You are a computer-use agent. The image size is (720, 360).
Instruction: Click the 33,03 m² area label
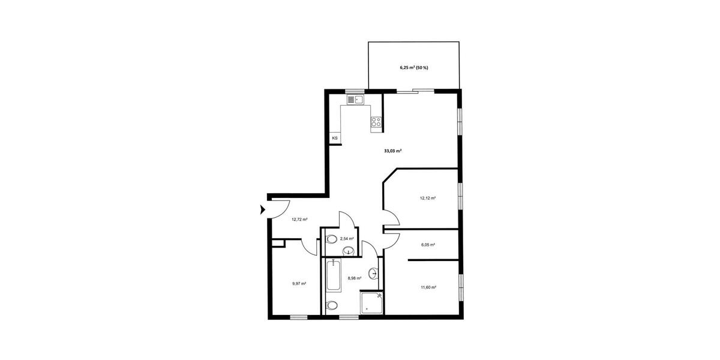pos(392,151)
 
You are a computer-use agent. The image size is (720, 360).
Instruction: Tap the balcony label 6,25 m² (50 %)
pos(414,68)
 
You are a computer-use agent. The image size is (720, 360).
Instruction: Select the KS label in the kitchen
pos(334,138)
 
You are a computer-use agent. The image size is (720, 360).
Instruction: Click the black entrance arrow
pos(263,209)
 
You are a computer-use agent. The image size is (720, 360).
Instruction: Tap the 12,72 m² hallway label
pos(299,220)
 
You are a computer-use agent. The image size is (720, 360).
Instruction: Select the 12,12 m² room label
pos(427,197)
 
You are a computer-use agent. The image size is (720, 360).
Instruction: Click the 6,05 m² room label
pos(428,245)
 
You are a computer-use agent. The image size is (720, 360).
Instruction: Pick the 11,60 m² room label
pos(428,287)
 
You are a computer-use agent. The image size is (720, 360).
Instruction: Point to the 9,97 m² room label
pos(299,284)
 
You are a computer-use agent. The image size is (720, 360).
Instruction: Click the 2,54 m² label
pos(347,239)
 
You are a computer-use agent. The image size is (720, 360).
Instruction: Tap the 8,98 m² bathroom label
pos(355,278)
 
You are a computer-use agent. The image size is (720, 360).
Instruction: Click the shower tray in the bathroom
pos(371,303)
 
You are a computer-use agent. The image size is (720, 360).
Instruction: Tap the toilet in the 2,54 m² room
pos(332,239)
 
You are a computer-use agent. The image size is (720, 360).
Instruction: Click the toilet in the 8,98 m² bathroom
pos(332,305)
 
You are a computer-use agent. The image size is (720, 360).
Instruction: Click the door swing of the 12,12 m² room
pos(390,217)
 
